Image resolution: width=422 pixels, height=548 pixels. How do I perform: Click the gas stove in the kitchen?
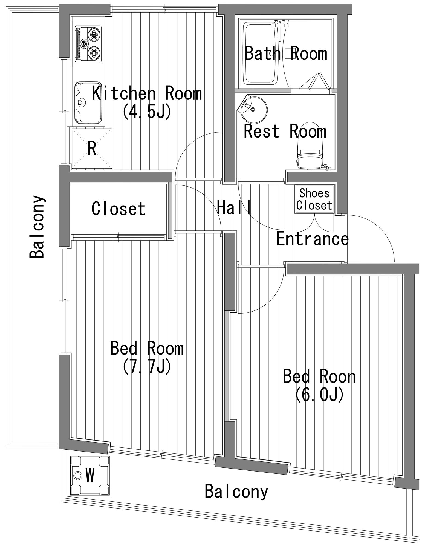pos(88,44)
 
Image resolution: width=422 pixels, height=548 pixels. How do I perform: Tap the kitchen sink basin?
pos(88,102)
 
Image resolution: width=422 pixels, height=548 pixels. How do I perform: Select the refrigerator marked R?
pos(92,149)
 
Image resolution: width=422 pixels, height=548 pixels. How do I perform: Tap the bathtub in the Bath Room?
pos(262,54)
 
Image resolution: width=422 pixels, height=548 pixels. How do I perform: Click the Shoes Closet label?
pos(314,199)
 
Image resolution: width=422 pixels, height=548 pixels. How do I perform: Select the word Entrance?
pos(313,239)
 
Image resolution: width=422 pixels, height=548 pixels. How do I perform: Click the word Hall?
pos(234,207)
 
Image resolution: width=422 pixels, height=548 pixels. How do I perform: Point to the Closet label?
pos(118,209)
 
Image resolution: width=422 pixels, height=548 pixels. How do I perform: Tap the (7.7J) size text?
pos(147,366)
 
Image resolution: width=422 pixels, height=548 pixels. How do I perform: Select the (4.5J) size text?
pos(147,111)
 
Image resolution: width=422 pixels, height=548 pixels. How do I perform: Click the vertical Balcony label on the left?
pos(37,227)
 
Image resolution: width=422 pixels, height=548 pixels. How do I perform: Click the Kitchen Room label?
pos(147,93)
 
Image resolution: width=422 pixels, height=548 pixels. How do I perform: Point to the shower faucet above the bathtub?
pos(279,25)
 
